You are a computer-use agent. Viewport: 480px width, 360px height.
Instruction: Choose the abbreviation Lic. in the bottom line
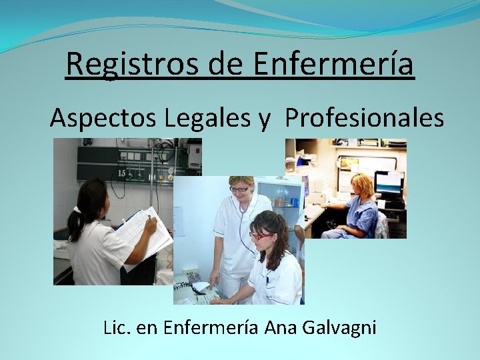coord(117,328)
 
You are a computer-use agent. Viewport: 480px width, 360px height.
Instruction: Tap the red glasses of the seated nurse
coord(261,235)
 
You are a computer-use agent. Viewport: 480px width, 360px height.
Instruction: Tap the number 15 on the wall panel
coord(123,174)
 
